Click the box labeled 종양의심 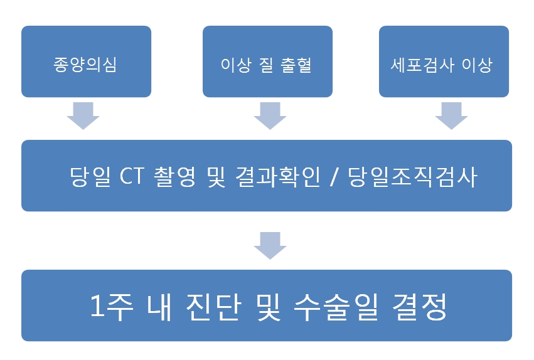pos(86,61)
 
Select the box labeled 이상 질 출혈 pos(267,61)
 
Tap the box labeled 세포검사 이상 pos(444,61)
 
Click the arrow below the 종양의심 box pos(83,115)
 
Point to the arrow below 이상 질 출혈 pos(270,115)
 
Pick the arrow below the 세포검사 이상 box pos(452,115)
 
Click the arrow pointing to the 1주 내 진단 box pos(270,246)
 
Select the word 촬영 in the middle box pos(175,176)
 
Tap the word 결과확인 pos(277,176)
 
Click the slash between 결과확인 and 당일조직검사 pos(334,177)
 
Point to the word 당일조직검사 pos(412,176)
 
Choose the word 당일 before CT pos(90,176)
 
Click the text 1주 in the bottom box pos(111,307)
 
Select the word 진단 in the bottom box pos(214,307)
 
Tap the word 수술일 pos(336,307)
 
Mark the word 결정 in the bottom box pos(420,307)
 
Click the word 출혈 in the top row pos(296,65)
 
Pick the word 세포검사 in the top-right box pos(422,65)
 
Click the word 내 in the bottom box pos(159,307)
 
